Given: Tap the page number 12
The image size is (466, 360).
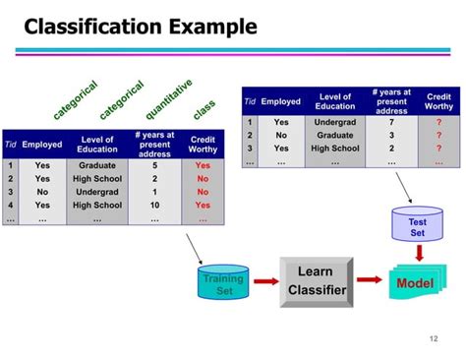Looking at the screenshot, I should pyautogui.click(x=433, y=339).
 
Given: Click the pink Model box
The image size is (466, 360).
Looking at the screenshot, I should pyautogui.click(x=414, y=283).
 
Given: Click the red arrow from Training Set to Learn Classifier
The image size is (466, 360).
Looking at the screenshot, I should pyautogui.click(x=262, y=282).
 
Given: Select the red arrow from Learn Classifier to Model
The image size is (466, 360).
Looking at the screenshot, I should pyautogui.click(x=369, y=282).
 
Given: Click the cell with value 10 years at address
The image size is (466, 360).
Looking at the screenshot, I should pyautogui.click(x=153, y=206).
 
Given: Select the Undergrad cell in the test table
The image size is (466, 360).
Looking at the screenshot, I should pyautogui.click(x=335, y=121).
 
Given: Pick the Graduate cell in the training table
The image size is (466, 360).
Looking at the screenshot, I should pyautogui.click(x=96, y=166).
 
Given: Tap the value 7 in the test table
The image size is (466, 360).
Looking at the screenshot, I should pyautogui.click(x=391, y=121).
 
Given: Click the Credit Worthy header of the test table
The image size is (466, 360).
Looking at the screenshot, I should pyautogui.click(x=438, y=102).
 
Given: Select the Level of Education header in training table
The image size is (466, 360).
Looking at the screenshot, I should pyautogui.click(x=96, y=145).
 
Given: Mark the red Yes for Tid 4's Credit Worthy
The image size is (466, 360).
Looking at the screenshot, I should pyautogui.click(x=203, y=206).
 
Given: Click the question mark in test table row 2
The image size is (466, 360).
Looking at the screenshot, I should pyautogui.click(x=438, y=135).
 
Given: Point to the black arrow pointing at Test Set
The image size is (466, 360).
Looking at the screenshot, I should pyautogui.click(x=403, y=187).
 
